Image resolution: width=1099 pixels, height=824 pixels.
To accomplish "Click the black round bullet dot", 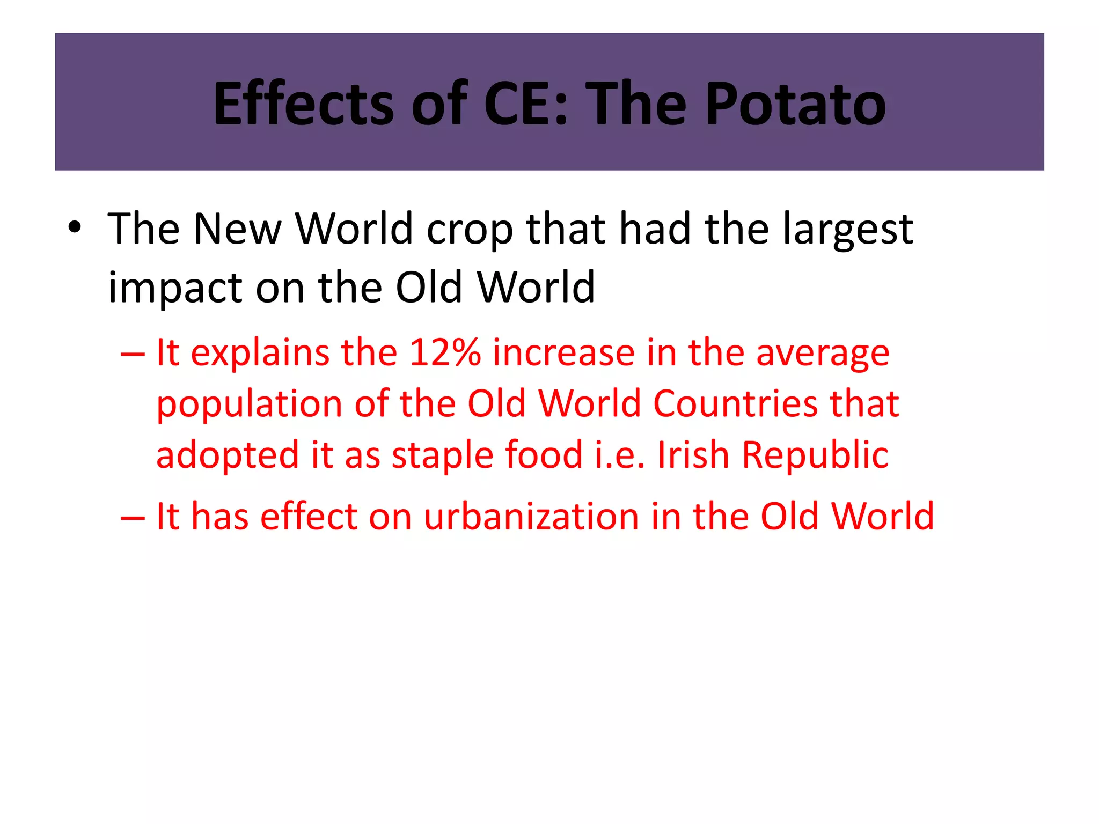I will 75,227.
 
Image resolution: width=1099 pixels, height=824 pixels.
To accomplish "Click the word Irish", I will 693,455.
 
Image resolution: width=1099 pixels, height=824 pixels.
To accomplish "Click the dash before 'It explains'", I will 133,354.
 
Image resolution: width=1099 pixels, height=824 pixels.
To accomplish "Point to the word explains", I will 260,354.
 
